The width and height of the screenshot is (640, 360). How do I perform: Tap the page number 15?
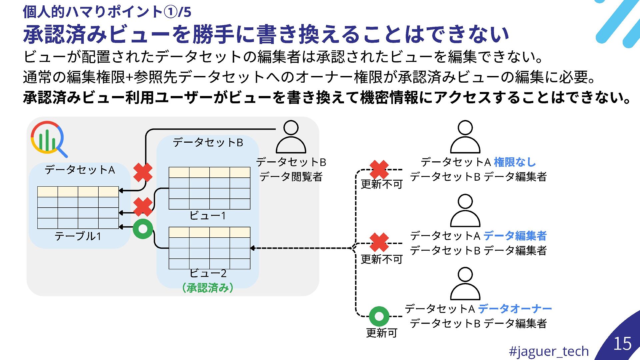click(x=622, y=344)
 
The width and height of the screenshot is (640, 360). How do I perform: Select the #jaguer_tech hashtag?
click(x=549, y=351)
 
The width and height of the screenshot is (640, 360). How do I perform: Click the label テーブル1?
click(x=78, y=236)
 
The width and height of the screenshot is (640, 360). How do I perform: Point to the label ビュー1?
click(x=208, y=216)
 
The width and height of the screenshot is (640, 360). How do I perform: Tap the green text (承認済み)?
click(x=208, y=288)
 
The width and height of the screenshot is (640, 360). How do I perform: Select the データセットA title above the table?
click(x=80, y=170)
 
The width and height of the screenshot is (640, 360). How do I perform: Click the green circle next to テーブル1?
click(x=143, y=229)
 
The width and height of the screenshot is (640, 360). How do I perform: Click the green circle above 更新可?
click(x=379, y=316)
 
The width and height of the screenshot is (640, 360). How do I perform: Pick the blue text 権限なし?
click(x=515, y=162)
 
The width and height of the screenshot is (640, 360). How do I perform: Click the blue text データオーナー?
click(x=515, y=309)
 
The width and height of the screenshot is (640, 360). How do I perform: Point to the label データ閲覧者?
click(x=291, y=177)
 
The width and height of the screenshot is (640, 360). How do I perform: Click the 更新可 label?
click(x=382, y=333)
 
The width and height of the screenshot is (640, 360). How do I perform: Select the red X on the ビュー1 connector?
click(x=143, y=207)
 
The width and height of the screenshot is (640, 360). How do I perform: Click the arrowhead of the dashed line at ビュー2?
click(x=253, y=248)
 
